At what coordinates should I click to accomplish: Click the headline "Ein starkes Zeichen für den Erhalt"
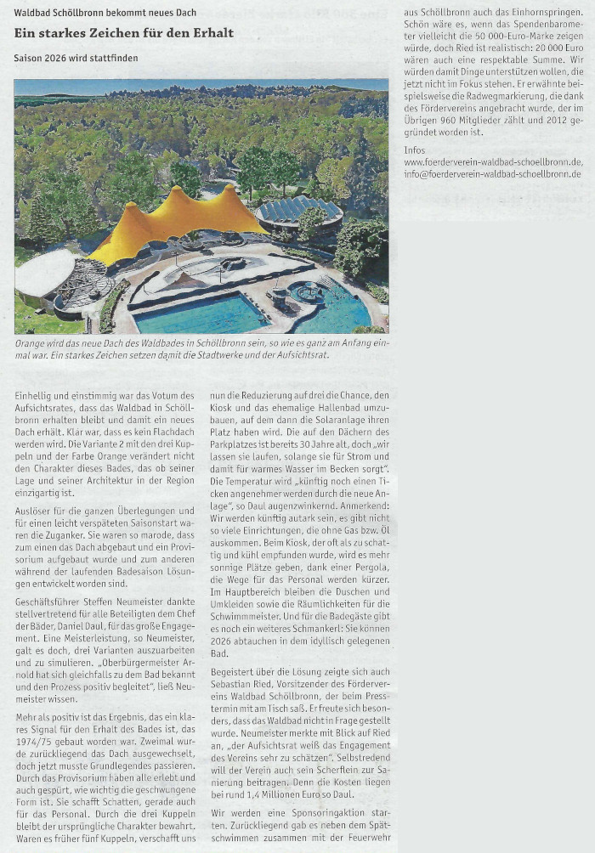tap(123, 33)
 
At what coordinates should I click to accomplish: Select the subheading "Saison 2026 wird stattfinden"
tap(76, 58)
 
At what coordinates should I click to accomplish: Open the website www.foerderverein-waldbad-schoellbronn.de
tap(493, 161)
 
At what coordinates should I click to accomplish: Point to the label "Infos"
tap(416, 150)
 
